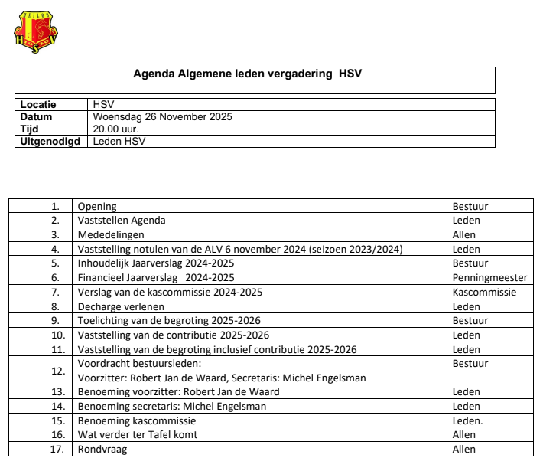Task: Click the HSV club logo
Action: (36, 32)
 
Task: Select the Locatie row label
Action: (38, 105)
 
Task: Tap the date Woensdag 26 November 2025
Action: (162, 117)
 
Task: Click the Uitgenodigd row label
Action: (50, 141)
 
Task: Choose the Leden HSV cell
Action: (119, 141)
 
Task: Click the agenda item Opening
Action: (97, 206)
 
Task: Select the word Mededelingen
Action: (111, 234)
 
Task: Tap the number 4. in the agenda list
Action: (55, 249)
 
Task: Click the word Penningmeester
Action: (489, 277)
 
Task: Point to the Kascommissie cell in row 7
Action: (484, 292)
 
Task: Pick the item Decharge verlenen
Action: (121, 306)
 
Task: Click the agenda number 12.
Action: (58, 371)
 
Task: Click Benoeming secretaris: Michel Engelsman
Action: (172, 406)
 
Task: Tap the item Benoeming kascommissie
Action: (137, 420)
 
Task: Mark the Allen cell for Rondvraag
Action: (464, 450)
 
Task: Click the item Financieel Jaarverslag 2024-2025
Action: (156, 277)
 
